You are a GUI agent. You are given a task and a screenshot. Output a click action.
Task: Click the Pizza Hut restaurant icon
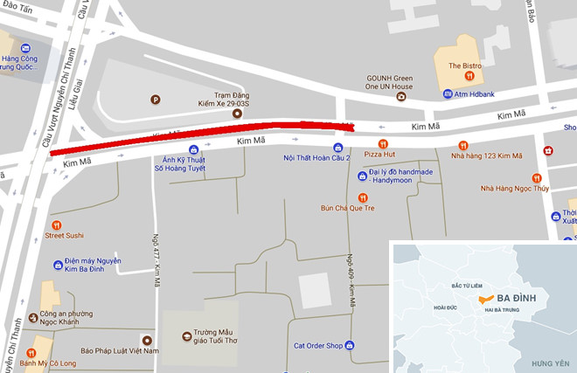click(x=381, y=144)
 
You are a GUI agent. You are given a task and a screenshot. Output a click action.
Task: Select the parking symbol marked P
click(x=156, y=98)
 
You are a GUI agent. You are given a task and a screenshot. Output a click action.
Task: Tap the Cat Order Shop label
click(x=317, y=344)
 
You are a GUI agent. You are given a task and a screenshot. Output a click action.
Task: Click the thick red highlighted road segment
click(x=201, y=138)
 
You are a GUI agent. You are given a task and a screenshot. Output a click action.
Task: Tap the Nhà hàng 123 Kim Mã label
click(x=486, y=156)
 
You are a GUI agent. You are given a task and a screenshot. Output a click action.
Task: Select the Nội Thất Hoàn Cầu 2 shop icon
click(x=337, y=147)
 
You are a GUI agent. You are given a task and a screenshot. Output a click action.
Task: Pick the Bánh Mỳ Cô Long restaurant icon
click(x=31, y=352)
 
